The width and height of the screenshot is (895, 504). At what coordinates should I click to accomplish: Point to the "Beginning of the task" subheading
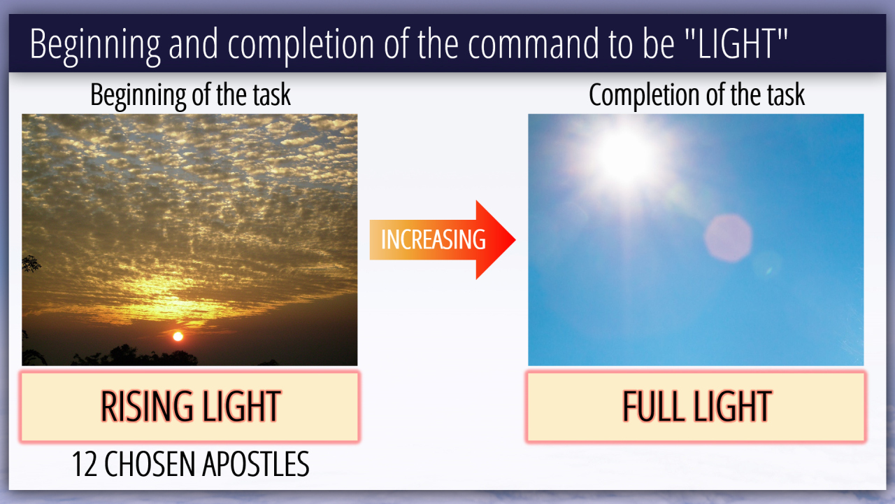(190, 95)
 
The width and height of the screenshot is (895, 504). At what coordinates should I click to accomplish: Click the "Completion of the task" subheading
(697, 95)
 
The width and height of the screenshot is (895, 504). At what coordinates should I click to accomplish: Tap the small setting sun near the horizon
(178, 337)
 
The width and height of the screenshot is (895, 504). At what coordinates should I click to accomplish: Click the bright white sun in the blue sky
(624, 156)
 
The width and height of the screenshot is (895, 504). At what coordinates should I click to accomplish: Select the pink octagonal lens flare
(728, 239)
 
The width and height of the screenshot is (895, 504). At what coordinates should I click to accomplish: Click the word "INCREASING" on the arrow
(433, 239)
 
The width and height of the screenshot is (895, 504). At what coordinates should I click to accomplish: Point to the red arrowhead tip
(515, 239)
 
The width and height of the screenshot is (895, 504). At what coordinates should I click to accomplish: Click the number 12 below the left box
(85, 464)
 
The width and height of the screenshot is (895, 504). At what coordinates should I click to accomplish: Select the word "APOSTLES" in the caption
(256, 464)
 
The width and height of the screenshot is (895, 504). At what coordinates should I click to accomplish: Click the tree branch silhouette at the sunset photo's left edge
(30, 264)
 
